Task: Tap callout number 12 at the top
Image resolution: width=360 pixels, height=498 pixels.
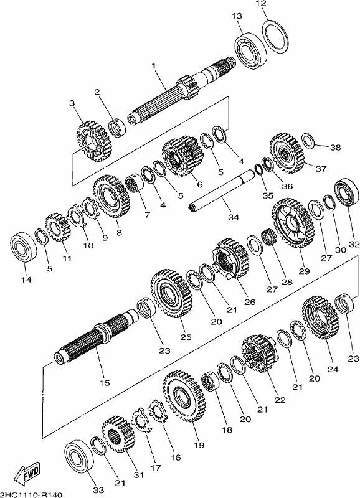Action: [x=261, y=4]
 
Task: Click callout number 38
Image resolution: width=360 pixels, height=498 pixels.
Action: [x=336, y=148]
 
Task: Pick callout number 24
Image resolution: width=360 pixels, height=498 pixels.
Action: [x=329, y=369]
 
